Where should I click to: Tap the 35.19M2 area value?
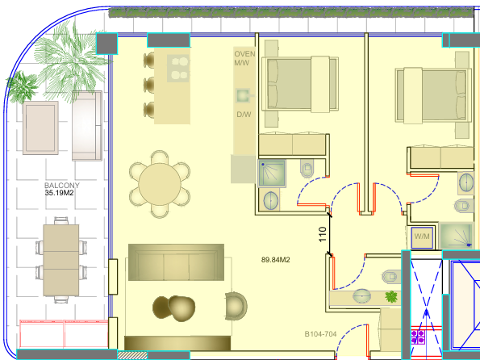(59, 193)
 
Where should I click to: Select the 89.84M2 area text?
(276, 260)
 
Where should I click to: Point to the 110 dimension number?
(323, 234)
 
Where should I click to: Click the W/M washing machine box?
(422, 237)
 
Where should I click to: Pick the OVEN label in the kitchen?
(244, 54)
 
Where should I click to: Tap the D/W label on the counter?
(244, 115)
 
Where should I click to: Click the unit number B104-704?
(320, 334)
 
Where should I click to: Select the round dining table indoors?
(160, 185)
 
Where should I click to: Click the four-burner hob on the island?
(178, 69)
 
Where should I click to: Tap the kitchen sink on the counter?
(243, 96)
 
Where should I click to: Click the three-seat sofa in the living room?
(176, 262)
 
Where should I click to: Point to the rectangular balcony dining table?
(61, 260)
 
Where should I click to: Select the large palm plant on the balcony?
(71, 61)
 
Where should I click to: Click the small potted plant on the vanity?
(391, 296)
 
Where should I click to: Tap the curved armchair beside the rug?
(236, 306)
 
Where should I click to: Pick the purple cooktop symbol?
(418, 337)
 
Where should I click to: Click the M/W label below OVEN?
(242, 63)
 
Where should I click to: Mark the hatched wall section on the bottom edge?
(132, 355)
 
